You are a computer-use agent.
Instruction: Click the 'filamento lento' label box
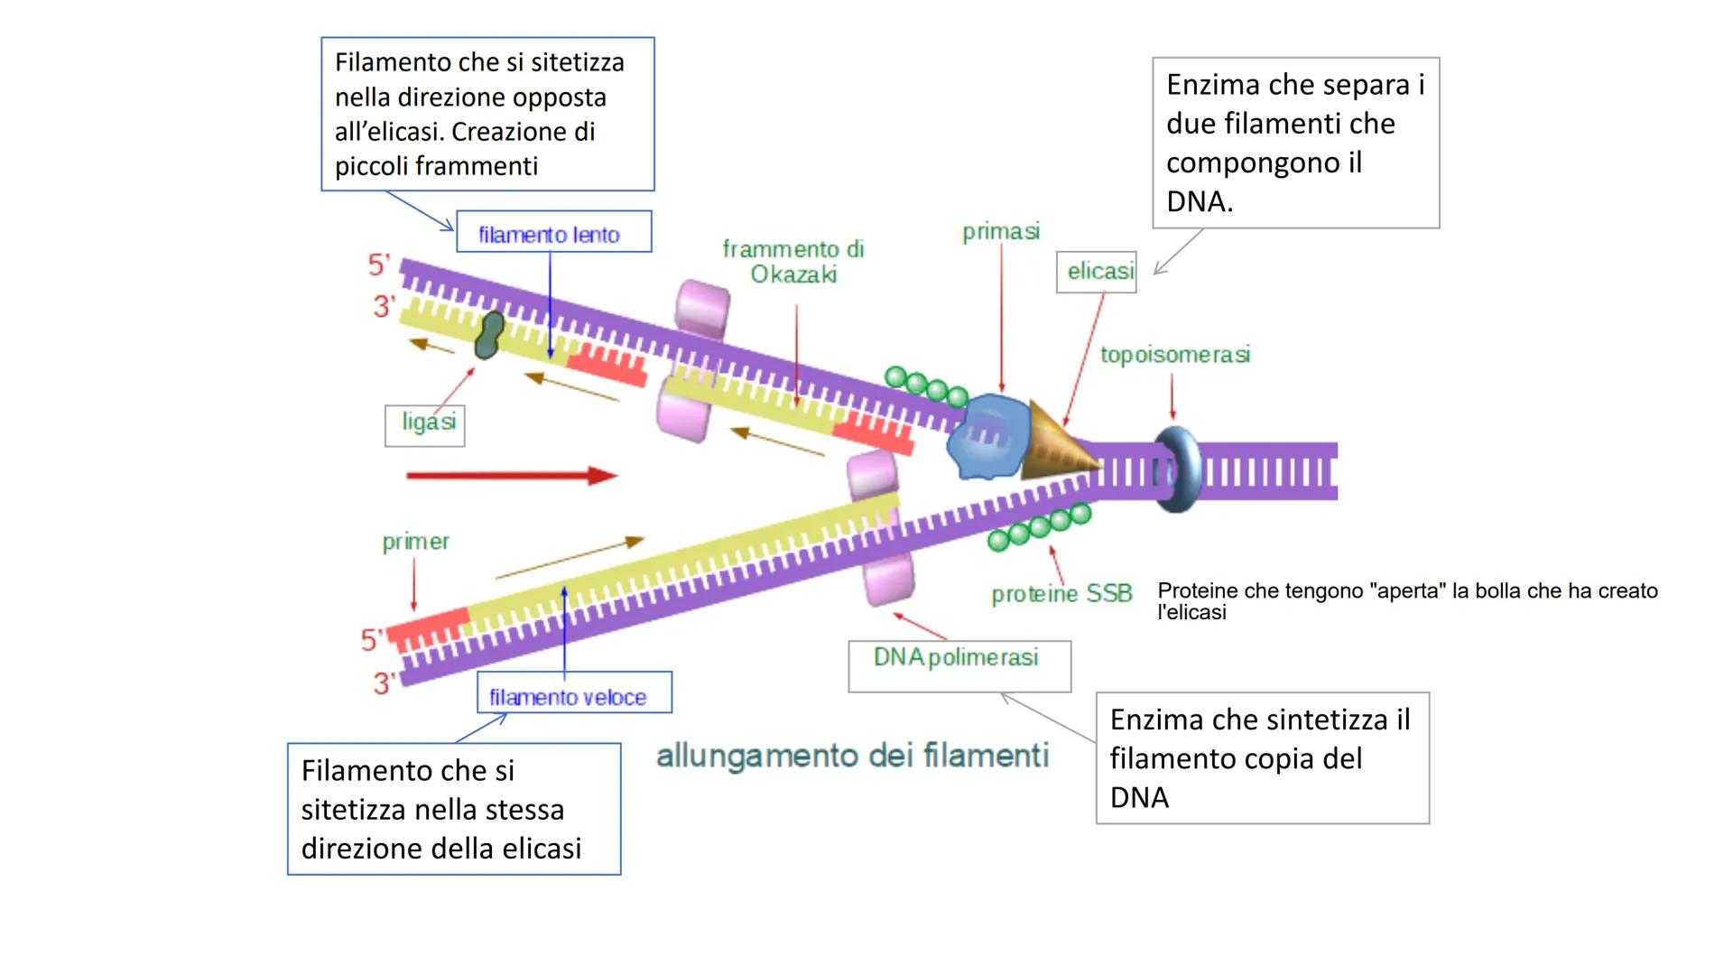pyautogui.click(x=552, y=233)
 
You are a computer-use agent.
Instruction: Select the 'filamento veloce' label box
pyautogui.click(x=573, y=693)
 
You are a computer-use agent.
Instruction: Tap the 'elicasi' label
pyautogui.click(x=1098, y=272)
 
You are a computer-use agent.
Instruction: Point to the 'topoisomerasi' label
pyautogui.click(x=1174, y=355)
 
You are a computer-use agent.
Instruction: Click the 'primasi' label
pyautogui.click(x=1001, y=232)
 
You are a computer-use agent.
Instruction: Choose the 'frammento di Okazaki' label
pyautogui.click(x=793, y=262)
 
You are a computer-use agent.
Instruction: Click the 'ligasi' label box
pyautogui.click(x=425, y=424)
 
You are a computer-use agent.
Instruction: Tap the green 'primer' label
pyautogui.click(x=415, y=542)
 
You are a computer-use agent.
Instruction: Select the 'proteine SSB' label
pyautogui.click(x=1061, y=594)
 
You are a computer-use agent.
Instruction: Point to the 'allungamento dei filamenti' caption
pyautogui.click(x=852, y=756)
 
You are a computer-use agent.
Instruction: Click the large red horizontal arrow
pyautogui.click(x=511, y=476)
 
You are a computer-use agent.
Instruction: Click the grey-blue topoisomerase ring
pyautogui.click(x=1177, y=469)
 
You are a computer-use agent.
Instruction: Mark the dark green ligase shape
pyautogui.click(x=490, y=335)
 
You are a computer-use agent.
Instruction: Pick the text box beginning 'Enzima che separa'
pyautogui.click(x=1295, y=143)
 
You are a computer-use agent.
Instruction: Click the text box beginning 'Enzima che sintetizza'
pyautogui.click(x=1262, y=758)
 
